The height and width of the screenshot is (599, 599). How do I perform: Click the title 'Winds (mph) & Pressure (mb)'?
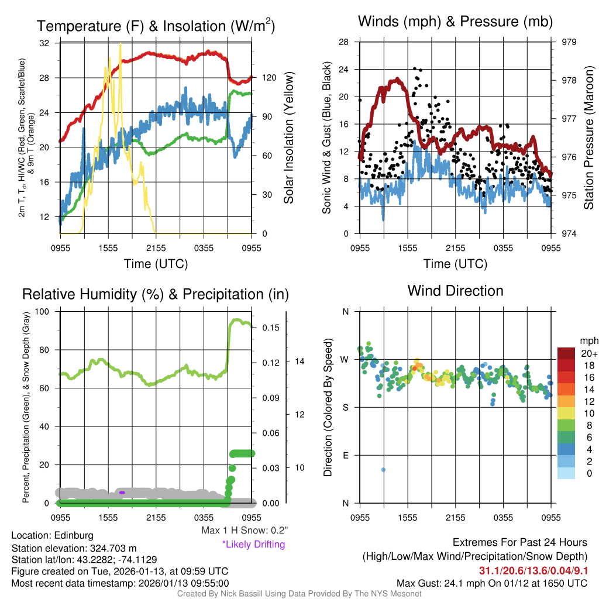(x=455, y=22)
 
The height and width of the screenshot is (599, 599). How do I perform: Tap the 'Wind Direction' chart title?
(x=455, y=291)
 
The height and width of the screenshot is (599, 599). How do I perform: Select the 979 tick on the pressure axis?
(x=570, y=42)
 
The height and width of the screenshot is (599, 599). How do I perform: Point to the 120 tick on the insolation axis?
(x=268, y=78)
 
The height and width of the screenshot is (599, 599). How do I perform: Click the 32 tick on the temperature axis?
(x=44, y=43)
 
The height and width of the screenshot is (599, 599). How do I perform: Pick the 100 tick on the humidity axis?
(x=43, y=312)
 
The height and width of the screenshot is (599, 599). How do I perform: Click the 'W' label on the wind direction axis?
(x=345, y=359)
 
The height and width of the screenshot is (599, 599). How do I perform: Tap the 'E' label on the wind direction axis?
(x=345, y=455)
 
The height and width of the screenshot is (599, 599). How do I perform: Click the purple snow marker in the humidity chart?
(x=122, y=493)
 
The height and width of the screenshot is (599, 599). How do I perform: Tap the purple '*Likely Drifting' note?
(x=253, y=544)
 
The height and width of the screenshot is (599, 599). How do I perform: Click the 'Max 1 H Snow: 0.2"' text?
(x=244, y=531)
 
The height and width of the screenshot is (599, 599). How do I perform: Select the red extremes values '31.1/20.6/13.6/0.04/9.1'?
(x=533, y=570)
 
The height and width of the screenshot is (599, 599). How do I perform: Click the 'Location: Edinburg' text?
(x=52, y=535)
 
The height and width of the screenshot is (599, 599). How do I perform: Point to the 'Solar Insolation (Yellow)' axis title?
(x=288, y=138)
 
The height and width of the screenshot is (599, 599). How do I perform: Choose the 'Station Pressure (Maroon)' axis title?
(x=588, y=138)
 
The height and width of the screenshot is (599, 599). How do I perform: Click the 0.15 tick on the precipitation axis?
(x=270, y=328)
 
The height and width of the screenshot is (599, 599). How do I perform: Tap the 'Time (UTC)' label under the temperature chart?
(x=156, y=264)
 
